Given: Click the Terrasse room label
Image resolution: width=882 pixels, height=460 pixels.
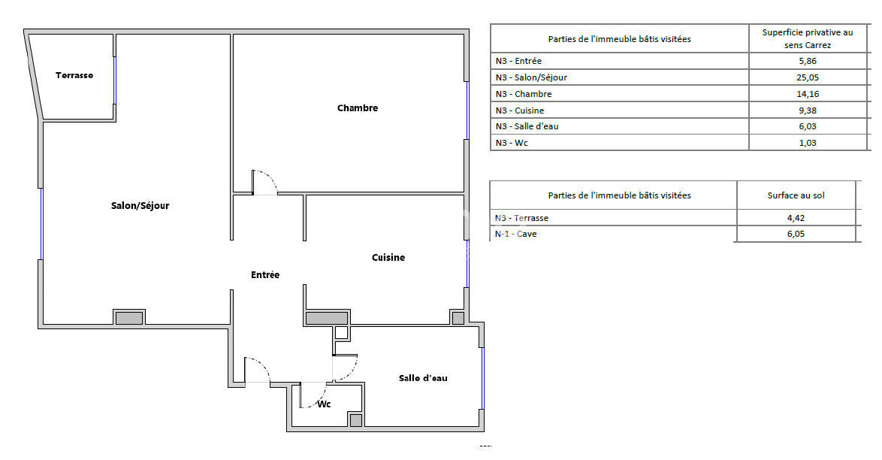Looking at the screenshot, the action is (x=74, y=75).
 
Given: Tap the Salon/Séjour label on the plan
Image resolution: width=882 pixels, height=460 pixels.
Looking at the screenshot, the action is (x=140, y=206).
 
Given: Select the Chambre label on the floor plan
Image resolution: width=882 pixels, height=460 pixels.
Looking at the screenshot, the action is (x=358, y=108).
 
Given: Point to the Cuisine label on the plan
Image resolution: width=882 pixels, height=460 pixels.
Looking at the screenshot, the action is (x=388, y=257).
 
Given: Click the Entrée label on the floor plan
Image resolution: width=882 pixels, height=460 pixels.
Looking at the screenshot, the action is (x=265, y=275).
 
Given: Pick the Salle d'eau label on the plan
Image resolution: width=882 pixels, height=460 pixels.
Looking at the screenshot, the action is (x=423, y=378).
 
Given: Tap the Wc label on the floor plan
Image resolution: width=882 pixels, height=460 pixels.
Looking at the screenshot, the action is (x=324, y=404).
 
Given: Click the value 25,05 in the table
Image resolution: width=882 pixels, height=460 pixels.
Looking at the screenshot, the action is (x=808, y=77).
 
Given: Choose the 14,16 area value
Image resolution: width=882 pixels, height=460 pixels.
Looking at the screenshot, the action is (x=808, y=94).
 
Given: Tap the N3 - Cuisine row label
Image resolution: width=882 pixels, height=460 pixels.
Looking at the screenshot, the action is (x=520, y=110).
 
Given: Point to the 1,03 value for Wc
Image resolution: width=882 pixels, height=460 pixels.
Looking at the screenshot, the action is (x=808, y=143).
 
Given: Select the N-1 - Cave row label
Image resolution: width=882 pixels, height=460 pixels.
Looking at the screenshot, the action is (x=516, y=235).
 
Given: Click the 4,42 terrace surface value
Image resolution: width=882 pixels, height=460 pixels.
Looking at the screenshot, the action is (x=796, y=218).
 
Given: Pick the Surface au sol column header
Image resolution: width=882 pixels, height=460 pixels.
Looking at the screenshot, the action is (x=796, y=196).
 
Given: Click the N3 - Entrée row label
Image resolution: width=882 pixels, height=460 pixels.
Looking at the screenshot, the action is (x=518, y=62).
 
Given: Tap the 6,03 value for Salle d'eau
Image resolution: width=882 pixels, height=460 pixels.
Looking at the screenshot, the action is (x=808, y=127).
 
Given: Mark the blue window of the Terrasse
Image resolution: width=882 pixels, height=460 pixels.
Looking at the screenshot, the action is (x=115, y=80).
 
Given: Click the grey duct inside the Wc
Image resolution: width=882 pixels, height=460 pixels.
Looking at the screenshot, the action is (x=355, y=420).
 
